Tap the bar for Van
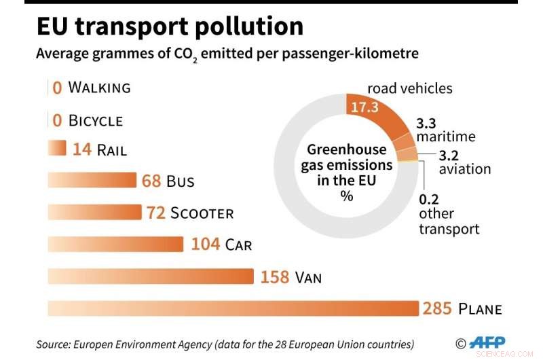pos(150,276)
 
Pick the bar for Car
pos(115,244)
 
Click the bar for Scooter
pos(94,213)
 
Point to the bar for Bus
pos(92,181)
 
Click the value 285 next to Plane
pos(436,309)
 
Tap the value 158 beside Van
pos(275,277)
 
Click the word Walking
pos(99,88)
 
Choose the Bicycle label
pos(96,121)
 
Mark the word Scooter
pos(202,213)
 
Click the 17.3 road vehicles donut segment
pos(370,108)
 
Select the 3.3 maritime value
pos(426,123)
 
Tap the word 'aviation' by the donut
pos(464,169)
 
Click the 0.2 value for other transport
pos(428,200)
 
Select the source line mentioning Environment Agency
pos(225,344)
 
